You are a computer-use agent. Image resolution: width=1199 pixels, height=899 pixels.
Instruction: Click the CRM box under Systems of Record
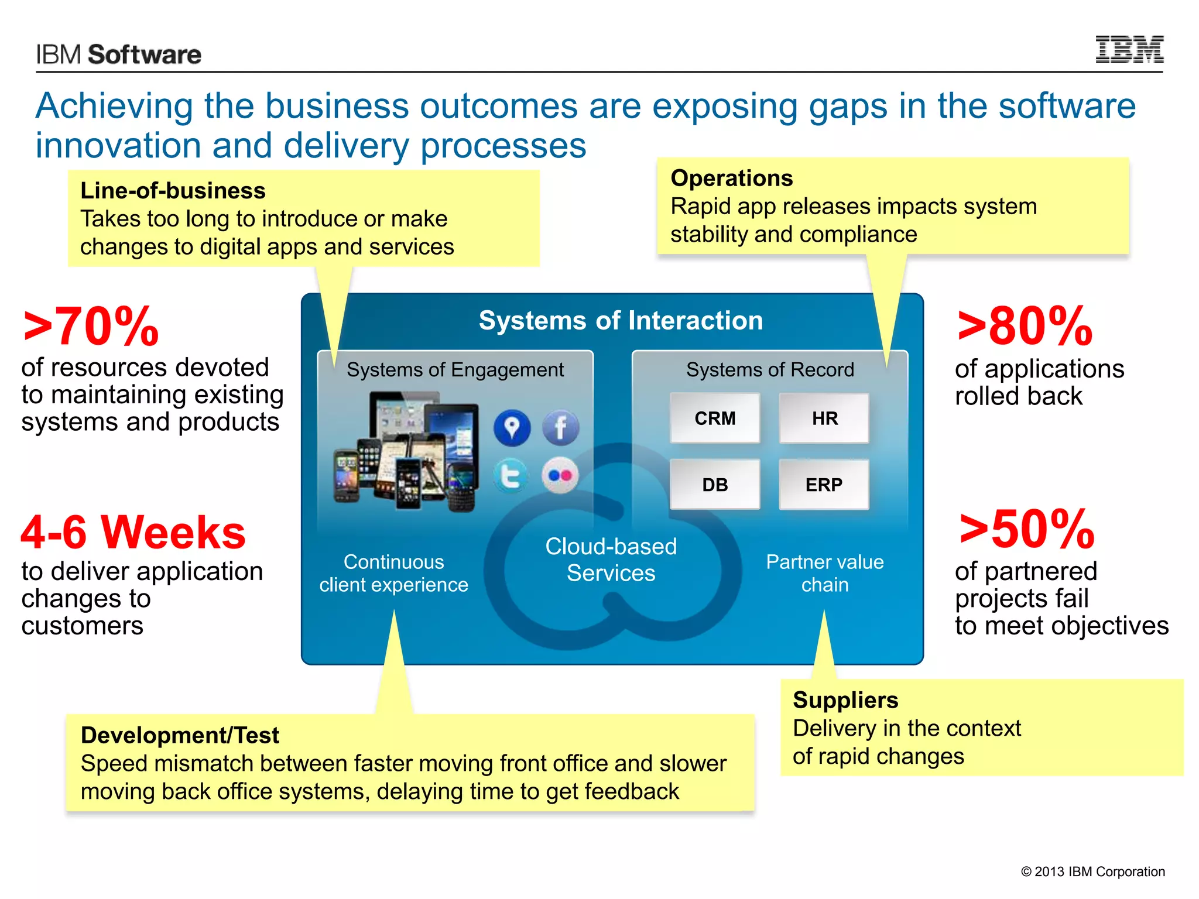tap(715, 418)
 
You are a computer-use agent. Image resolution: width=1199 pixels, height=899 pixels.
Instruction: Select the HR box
tap(824, 418)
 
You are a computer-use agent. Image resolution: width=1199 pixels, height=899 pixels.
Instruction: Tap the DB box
tap(715, 485)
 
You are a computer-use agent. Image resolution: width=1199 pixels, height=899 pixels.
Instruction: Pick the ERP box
tap(824, 485)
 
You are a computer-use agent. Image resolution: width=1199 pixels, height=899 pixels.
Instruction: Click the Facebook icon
tap(560, 427)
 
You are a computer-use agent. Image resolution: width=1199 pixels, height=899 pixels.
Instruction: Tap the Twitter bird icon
tap(511, 476)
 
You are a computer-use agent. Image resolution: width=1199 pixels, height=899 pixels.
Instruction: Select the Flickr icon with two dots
tap(560, 476)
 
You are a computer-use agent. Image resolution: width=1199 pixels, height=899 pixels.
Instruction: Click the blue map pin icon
tap(512, 427)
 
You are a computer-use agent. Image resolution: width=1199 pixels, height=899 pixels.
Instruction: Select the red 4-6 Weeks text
tap(133, 532)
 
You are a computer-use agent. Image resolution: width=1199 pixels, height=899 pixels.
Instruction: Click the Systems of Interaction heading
tap(621, 321)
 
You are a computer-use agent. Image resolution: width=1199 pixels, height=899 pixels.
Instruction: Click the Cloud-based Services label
tap(611, 560)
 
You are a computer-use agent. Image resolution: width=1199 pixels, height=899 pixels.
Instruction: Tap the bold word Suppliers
tap(845, 700)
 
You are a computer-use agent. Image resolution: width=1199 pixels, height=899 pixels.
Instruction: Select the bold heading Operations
tap(731, 178)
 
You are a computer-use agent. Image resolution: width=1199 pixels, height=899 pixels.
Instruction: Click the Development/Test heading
tap(180, 735)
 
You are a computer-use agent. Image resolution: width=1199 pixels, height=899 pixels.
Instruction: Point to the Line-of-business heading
tap(173, 191)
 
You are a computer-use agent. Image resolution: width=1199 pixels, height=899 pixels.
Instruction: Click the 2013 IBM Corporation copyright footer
tap(1092, 871)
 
